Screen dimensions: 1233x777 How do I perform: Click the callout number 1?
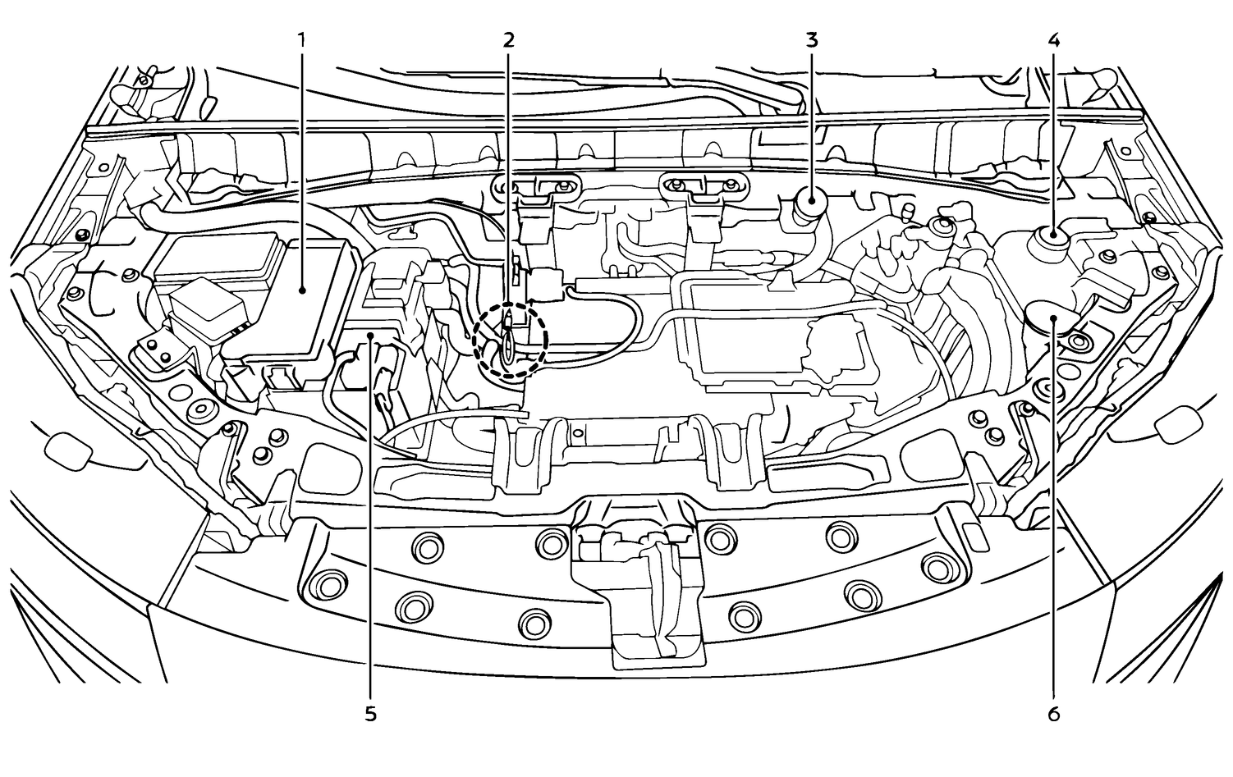pos(301,40)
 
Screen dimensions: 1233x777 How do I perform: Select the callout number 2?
pos(507,40)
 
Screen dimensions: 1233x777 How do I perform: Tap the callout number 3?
pos(812,40)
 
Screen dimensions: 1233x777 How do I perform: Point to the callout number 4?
pos(1053,40)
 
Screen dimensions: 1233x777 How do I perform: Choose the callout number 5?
pos(370,715)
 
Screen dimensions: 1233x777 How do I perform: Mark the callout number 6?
pos(1053,715)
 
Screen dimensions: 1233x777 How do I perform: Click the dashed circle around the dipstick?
pos(511,340)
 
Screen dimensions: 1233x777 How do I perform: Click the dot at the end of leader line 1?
pos(301,289)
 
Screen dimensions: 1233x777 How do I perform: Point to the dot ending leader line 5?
pos(370,335)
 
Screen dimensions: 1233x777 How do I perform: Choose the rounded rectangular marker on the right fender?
pos(1177,423)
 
